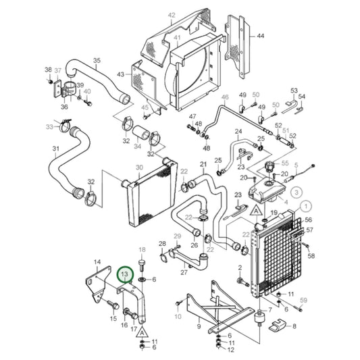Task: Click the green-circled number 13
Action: pos(124,275)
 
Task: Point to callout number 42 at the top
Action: pos(171,15)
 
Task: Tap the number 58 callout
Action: pos(311,256)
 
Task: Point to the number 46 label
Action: pos(226,97)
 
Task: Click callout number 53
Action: pos(294,90)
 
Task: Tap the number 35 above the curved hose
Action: pos(96,61)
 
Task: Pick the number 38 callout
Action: pos(48,70)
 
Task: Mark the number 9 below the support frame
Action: pos(199,326)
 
